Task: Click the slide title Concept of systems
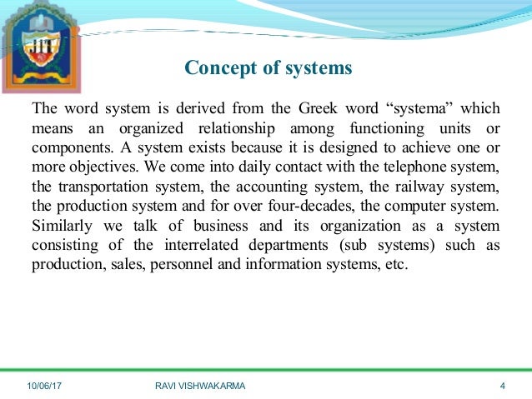point(268,67)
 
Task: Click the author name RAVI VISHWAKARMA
point(201,386)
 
